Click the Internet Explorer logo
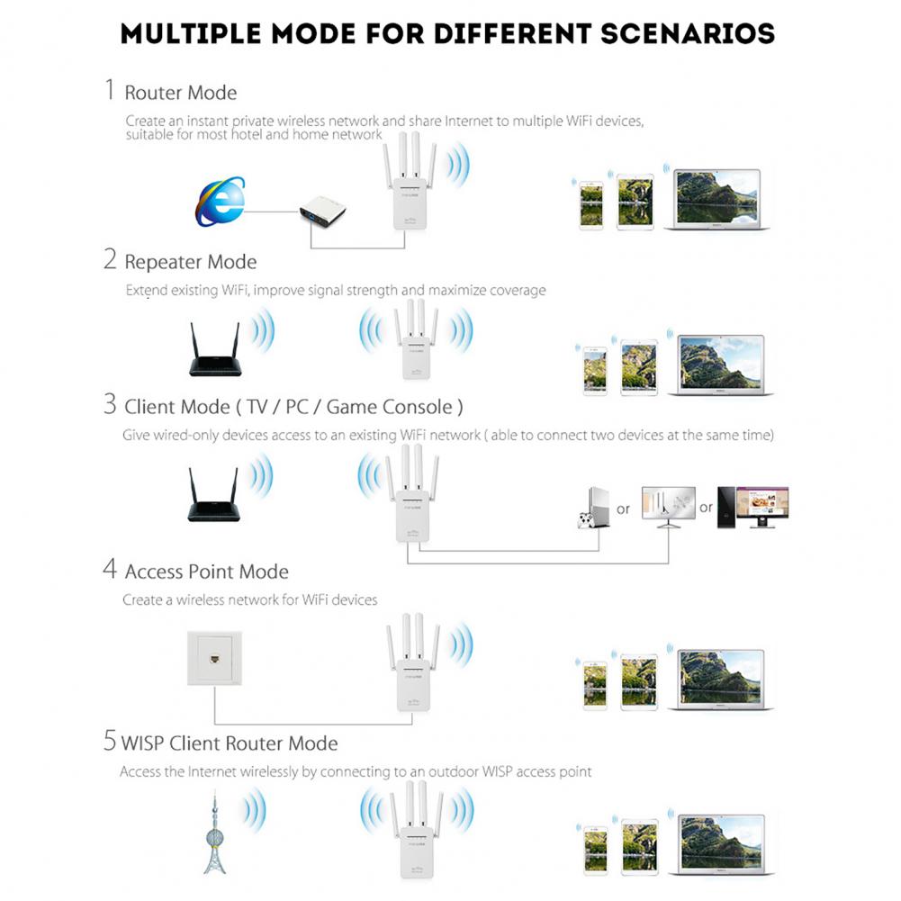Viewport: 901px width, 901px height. [221, 202]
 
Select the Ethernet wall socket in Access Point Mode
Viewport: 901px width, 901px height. [215, 660]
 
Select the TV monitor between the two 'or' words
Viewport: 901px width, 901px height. [667, 507]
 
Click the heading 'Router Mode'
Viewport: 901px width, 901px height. [180, 93]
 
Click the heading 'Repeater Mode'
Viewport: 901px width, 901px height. [190, 262]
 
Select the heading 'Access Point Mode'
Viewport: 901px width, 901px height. [206, 572]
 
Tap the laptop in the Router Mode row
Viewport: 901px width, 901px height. [717, 200]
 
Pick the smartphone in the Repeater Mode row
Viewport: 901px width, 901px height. [594, 369]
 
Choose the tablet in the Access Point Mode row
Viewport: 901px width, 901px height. [637, 680]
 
